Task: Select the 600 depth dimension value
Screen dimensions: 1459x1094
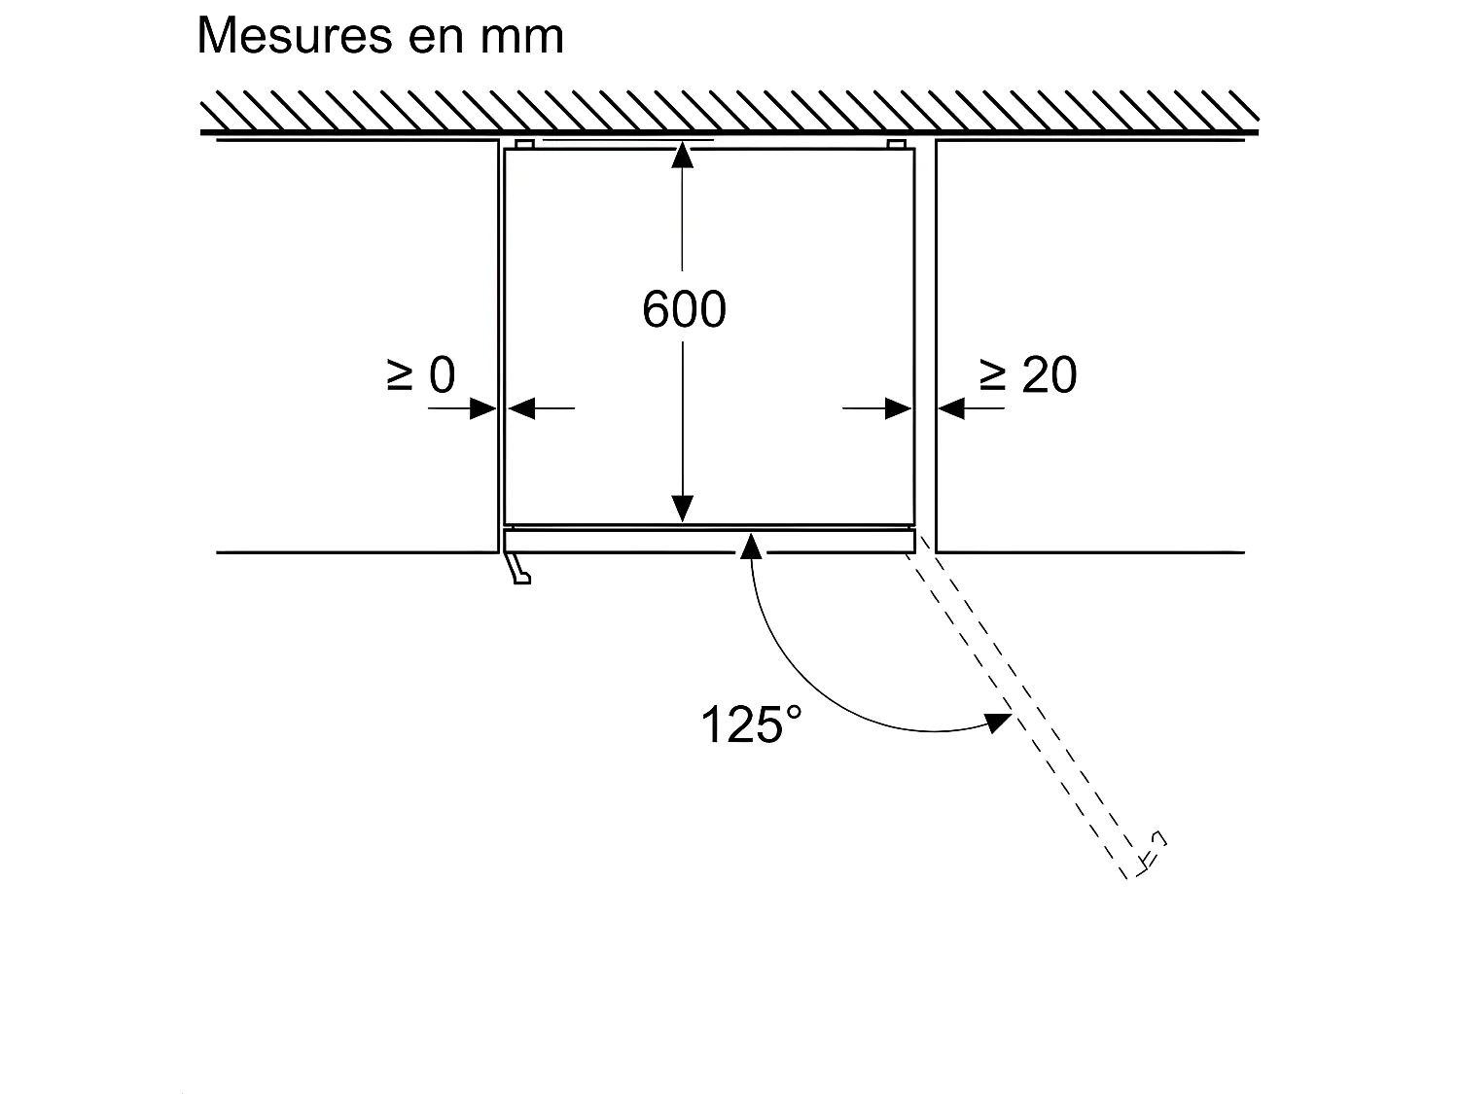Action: coord(684,310)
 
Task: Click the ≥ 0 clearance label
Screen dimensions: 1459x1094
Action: coord(421,375)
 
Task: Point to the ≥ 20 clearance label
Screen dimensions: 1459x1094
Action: coord(1028,375)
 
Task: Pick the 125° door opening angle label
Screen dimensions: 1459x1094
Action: coord(751,724)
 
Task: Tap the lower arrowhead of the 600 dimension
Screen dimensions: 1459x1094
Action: coord(683,508)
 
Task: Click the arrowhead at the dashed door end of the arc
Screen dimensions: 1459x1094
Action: coord(996,723)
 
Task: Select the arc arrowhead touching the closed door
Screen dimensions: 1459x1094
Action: coord(750,545)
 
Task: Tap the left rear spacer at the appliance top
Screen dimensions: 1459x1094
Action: coord(524,144)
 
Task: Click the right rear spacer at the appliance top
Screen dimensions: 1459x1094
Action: coord(897,144)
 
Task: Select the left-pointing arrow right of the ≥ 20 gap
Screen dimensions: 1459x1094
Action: coord(951,409)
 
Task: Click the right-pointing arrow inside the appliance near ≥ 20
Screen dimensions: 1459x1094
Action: coord(899,409)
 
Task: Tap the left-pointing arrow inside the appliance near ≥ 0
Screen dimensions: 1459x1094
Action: coord(522,409)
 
